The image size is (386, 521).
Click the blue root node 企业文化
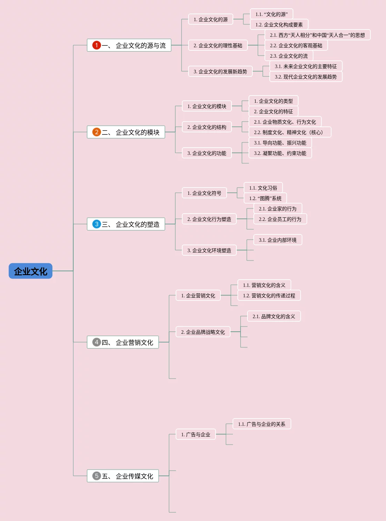click(x=31, y=271)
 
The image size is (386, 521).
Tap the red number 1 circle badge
click(x=96, y=45)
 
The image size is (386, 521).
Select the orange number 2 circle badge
click(x=96, y=132)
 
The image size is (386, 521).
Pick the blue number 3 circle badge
click(x=96, y=224)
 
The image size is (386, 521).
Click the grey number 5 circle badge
click(x=96, y=476)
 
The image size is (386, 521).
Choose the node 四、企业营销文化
click(x=123, y=342)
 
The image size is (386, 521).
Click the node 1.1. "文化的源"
click(x=271, y=14)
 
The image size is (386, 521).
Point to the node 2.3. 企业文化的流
click(x=289, y=56)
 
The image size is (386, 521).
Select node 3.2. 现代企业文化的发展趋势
click(x=306, y=76)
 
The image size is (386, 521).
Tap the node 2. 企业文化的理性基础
click(x=218, y=45)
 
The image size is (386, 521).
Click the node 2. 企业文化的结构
click(x=207, y=127)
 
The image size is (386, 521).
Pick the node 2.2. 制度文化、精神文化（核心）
click(x=290, y=132)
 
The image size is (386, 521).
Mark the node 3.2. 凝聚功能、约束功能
click(x=280, y=153)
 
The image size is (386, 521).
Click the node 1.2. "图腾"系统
click(x=265, y=198)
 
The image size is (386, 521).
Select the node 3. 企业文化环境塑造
click(x=209, y=250)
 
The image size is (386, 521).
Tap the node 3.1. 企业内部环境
click(x=278, y=240)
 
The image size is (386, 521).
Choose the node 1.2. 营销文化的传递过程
click(x=269, y=295)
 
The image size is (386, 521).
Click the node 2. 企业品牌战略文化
click(x=203, y=332)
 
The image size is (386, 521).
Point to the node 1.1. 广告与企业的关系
click(x=262, y=424)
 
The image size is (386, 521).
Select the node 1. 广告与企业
click(x=196, y=434)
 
